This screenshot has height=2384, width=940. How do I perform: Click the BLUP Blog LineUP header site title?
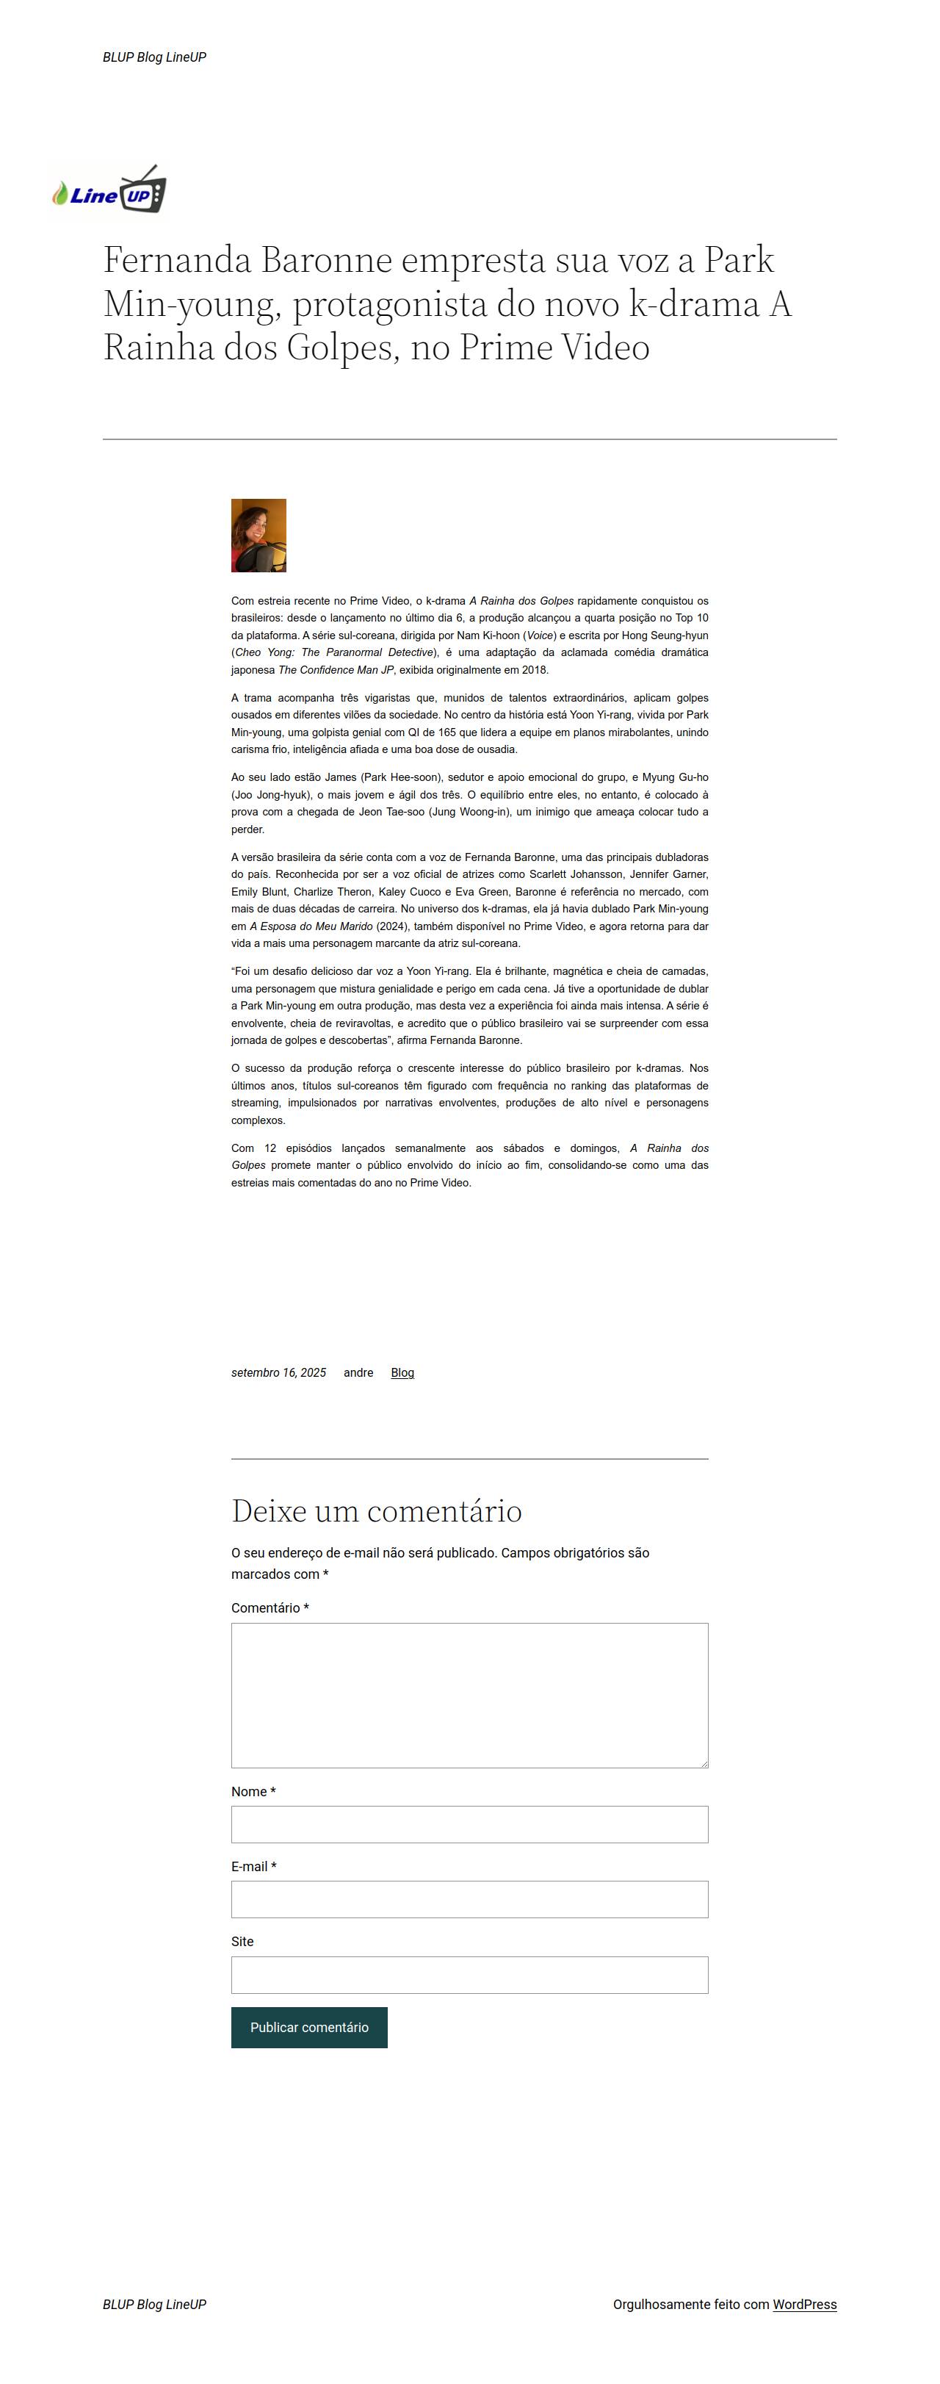(x=154, y=57)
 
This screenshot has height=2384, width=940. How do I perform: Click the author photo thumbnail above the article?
(x=258, y=535)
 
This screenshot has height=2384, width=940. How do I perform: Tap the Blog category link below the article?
(x=402, y=1372)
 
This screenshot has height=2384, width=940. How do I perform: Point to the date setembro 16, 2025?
(x=278, y=1372)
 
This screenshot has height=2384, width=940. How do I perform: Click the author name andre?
(x=358, y=1372)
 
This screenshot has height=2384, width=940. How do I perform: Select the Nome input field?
(x=469, y=1824)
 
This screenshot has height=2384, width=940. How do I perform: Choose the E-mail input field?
(x=469, y=1899)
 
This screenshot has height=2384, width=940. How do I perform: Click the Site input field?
(x=469, y=1974)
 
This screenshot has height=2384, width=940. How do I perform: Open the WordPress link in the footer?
(x=804, y=2305)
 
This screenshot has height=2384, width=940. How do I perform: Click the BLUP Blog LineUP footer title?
(x=154, y=2305)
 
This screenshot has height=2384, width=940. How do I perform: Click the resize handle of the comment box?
(x=704, y=1764)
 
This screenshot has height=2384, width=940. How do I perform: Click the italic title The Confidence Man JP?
(x=336, y=670)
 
